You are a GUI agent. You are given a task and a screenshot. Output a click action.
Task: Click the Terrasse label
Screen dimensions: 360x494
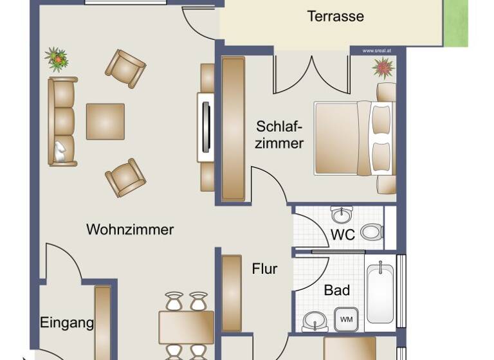pos(335,17)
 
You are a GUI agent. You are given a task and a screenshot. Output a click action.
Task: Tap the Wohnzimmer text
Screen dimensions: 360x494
pos(130,230)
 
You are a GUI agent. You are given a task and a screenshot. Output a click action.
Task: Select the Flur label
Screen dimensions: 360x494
pos(264,269)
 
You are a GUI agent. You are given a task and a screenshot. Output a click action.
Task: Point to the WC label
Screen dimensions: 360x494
pos(343,235)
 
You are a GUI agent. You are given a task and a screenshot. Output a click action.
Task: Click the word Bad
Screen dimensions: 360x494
pos(337,291)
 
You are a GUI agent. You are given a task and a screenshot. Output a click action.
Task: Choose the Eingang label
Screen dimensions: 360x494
pos(67,323)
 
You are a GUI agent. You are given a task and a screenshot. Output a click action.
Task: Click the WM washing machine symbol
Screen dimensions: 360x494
pos(346,319)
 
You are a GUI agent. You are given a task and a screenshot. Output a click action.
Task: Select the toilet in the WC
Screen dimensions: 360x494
pos(371,231)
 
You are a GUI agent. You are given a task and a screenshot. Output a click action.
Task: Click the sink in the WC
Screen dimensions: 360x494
pos(341,213)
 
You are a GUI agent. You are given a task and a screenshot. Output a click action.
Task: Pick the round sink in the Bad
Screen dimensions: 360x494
pos(314,319)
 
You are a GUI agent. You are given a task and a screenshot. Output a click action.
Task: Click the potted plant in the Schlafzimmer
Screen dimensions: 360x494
pos(384,67)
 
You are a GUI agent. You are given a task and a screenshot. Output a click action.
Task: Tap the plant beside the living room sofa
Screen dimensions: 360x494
pos(57,59)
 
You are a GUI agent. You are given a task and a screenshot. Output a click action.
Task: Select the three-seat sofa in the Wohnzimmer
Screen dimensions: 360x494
pos(62,122)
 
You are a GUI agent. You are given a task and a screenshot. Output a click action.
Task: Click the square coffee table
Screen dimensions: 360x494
pos(105,122)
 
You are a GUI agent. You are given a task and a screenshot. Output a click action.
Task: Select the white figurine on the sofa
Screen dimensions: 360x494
pos(60,152)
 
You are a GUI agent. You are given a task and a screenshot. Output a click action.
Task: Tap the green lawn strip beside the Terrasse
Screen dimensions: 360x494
pos(456,23)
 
